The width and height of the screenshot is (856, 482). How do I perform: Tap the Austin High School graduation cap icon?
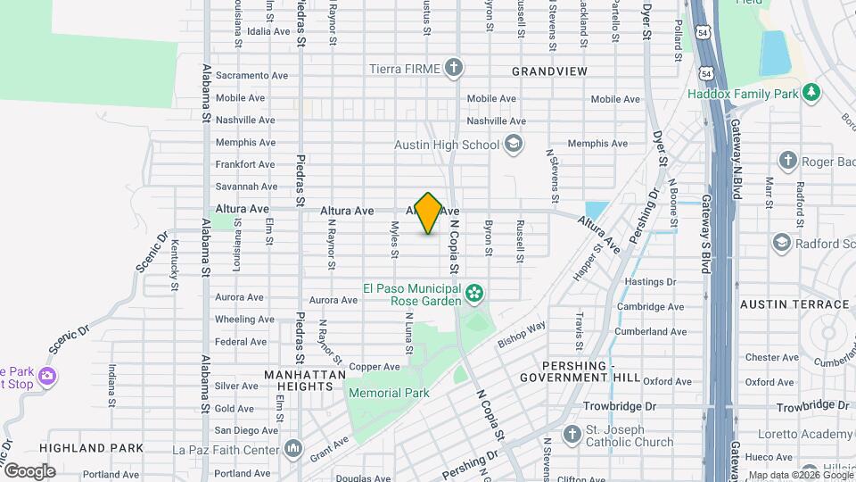[x=513, y=144]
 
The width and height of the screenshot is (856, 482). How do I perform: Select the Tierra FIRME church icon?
[x=454, y=68]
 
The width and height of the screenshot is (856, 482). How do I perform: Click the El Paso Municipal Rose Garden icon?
[x=474, y=292]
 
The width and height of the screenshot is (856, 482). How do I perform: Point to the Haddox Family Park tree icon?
[x=811, y=92]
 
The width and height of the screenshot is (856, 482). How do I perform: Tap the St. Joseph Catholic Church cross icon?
[x=571, y=434]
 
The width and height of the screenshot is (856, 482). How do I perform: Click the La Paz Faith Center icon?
[x=293, y=448]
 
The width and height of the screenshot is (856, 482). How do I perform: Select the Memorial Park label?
[x=389, y=393]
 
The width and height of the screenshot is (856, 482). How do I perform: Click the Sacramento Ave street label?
[x=251, y=76]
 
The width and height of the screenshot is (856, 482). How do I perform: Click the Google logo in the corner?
[x=29, y=470]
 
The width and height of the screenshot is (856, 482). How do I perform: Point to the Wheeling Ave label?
[x=240, y=320]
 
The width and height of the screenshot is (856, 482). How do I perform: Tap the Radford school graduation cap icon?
[x=781, y=244]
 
